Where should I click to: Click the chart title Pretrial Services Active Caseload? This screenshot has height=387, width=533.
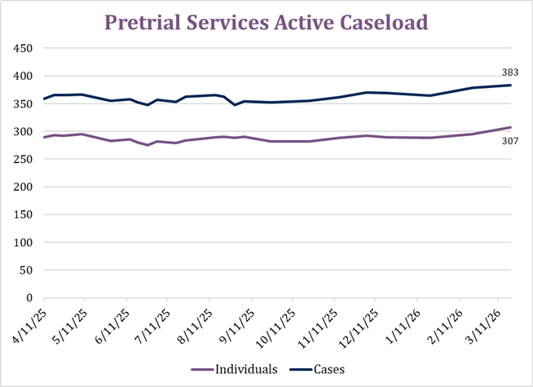[x=266, y=23]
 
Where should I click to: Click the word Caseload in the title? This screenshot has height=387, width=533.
[x=382, y=23]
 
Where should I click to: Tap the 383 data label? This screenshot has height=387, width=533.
[x=510, y=73]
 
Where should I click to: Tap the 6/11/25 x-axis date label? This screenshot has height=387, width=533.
[x=112, y=323]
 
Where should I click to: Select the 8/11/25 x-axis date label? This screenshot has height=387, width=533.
[x=195, y=323]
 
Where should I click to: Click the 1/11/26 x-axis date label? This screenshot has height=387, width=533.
[x=404, y=323]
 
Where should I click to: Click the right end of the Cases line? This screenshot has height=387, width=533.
[x=510, y=85]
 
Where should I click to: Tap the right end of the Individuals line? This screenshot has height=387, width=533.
[x=510, y=127]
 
